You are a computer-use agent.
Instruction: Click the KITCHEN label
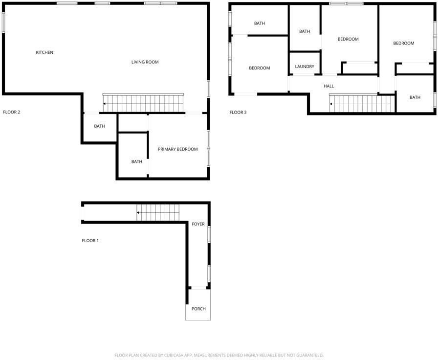point(44,52)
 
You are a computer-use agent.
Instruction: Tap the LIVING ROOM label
point(145,62)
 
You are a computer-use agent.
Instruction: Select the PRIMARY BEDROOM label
point(177,149)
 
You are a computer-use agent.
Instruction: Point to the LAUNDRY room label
point(305,67)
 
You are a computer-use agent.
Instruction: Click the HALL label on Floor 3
point(329,86)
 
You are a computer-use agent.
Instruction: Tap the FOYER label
point(198,224)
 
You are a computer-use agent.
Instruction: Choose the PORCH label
point(198,309)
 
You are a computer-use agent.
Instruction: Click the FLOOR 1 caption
point(90,241)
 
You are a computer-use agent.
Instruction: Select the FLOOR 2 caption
point(11,112)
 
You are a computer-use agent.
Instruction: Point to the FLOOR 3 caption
point(238,112)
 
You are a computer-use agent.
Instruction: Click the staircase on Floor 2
point(143,103)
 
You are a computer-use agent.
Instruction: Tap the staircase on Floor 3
point(362,103)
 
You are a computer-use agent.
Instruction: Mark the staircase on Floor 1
point(158,212)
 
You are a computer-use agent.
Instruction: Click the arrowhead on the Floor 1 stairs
point(138,213)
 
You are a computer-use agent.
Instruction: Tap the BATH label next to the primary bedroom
point(136,161)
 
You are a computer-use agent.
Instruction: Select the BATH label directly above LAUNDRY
point(305,31)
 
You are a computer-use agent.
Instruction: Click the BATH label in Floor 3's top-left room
point(260,23)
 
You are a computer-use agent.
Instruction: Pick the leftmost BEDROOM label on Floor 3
point(260,68)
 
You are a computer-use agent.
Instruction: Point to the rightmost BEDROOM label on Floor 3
point(404,44)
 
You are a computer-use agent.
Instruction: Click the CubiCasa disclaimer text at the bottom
point(219,355)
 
